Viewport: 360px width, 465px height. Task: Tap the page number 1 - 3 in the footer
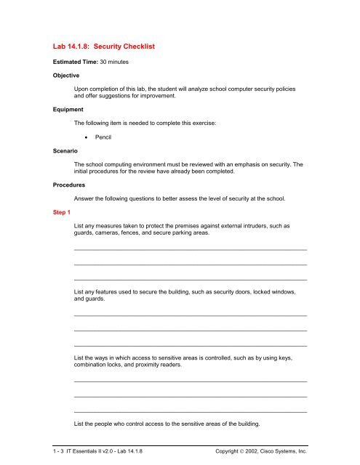57,450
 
